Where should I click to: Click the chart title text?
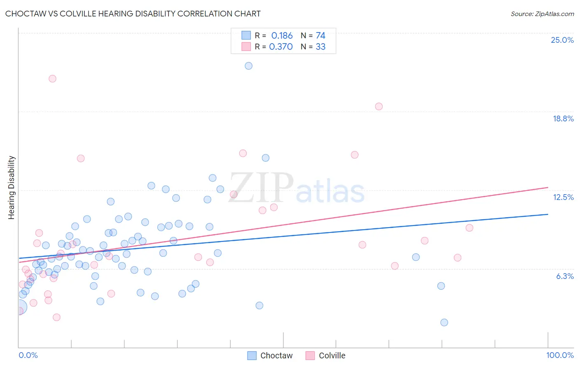[x=133, y=14]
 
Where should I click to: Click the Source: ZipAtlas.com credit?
[x=542, y=14]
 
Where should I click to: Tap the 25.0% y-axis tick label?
[x=562, y=40]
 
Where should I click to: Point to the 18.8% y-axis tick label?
[x=563, y=118]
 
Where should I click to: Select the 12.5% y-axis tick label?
[x=563, y=197]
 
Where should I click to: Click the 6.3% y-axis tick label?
[x=565, y=276]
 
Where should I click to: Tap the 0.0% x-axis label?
[x=28, y=355]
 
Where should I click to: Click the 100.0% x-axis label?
[x=560, y=355]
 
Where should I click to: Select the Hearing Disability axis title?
[x=12, y=187]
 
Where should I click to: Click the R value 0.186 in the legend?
[x=282, y=36]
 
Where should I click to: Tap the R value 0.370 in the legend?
[x=281, y=47]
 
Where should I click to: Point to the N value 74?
[x=320, y=36]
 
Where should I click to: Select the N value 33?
[x=320, y=47]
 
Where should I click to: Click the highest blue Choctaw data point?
[x=248, y=66]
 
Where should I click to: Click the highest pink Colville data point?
[x=52, y=79]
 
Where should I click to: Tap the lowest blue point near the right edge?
[x=444, y=322]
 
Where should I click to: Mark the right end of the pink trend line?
[x=548, y=188]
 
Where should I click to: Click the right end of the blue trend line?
[x=548, y=214]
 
